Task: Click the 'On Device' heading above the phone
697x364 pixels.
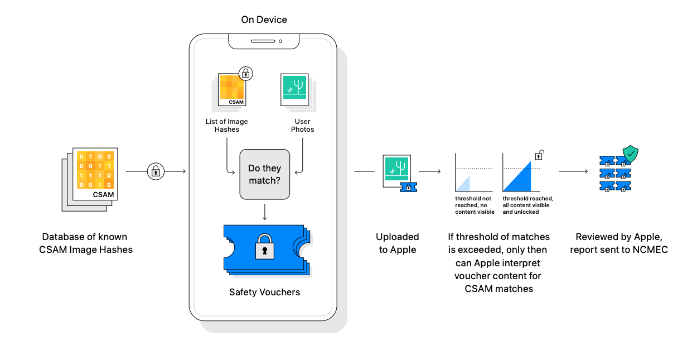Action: pos(264,20)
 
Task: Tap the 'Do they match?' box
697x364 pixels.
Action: pos(265,174)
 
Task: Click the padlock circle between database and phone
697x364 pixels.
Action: pos(156,171)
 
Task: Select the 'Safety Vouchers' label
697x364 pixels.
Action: pos(264,292)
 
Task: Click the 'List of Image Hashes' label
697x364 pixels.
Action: pos(226,126)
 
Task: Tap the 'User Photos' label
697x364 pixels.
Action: pos(302,126)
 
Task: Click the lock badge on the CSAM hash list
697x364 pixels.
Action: pos(245,73)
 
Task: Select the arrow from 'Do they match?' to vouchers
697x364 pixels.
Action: pos(265,211)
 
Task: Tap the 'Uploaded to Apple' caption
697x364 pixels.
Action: pos(398,243)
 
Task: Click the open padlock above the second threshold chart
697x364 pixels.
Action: pos(539,155)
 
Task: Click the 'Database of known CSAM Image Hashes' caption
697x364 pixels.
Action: pos(86,243)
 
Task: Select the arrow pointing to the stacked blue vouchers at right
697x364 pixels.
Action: pos(573,171)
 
